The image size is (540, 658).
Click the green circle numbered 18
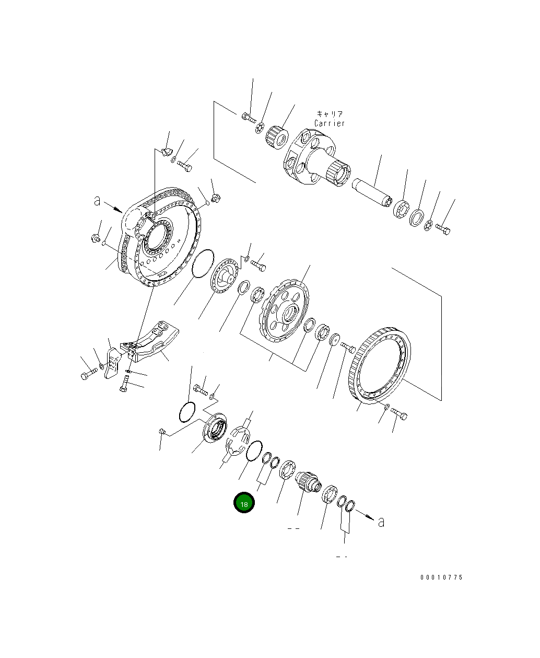click(x=244, y=503)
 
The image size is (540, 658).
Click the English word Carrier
click(x=330, y=123)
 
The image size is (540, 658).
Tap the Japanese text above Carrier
click(x=330, y=113)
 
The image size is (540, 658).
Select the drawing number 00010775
click(x=441, y=578)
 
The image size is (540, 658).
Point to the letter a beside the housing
click(x=97, y=200)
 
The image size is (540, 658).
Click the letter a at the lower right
click(x=381, y=521)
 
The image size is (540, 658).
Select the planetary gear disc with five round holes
click(x=286, y=312)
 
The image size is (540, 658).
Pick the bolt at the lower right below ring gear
click(x=400, y=414)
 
